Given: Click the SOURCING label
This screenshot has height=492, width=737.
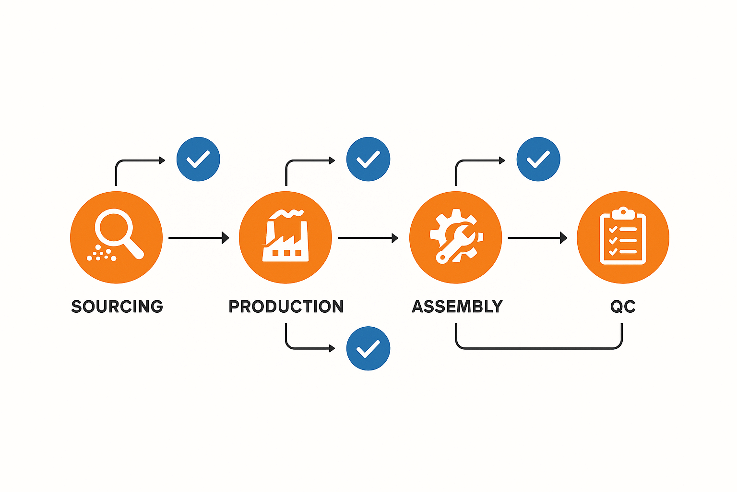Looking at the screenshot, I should click(x=117, y=307).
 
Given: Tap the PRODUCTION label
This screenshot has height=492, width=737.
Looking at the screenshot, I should click(x=286, y=307).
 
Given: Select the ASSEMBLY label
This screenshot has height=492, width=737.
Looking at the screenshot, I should click(x=457, y=307).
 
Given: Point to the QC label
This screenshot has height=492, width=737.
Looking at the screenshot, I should click(x=623, y=307).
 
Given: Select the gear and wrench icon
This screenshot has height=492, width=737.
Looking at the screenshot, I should click(x=456, y=237).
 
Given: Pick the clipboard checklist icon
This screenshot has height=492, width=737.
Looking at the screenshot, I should click(x=623, y=237).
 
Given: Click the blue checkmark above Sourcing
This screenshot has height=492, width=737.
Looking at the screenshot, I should click(x=198, y=159).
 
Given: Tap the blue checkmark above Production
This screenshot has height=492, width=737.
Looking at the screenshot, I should click(x=368, y=159).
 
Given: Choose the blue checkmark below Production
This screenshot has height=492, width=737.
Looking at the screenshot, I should click(x=368, y=348).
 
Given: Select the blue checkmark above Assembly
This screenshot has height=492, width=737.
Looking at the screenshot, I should click(x=538, y=159).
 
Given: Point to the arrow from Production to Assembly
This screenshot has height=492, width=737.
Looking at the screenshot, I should click(x=368, y=237).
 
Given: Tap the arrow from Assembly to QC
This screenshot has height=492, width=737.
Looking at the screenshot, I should click(x=537, y=237).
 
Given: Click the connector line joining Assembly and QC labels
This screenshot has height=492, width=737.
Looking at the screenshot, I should click(x=538, y=348).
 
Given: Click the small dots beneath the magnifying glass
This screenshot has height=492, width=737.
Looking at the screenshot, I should click(x=101, y=254).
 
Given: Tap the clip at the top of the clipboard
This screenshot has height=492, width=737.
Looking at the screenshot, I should click(x=623, y=211).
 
